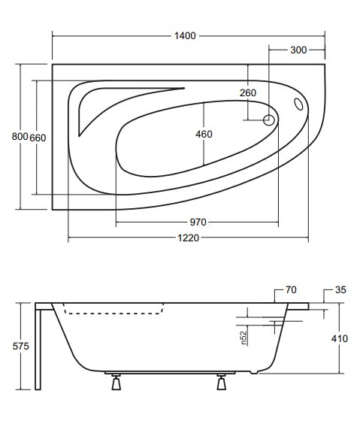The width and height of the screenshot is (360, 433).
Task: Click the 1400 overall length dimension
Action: (x=185, y=36)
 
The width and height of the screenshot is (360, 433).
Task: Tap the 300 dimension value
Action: (x=298, y=50)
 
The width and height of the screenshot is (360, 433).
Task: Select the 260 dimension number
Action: (x=248, y=92)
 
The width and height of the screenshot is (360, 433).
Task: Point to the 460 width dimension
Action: (x=204, y=135)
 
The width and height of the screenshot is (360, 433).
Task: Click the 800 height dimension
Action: (x=20, y=136)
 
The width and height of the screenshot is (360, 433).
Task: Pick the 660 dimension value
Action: (x=38, y=138)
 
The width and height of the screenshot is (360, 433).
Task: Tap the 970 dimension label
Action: (x=198, y=222)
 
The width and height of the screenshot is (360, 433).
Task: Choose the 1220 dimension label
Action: (x=188, y=238)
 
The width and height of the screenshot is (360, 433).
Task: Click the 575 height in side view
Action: (x=21, y=346)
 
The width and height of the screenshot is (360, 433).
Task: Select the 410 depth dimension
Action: (x=340, y=338)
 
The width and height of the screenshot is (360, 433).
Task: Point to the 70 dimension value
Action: (x=291, y=290)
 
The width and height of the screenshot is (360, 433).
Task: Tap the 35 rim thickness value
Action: (x=340, y=290)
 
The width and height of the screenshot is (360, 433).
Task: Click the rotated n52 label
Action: (x=244, y=338)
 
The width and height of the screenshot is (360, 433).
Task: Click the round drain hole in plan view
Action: (x=268, y=120)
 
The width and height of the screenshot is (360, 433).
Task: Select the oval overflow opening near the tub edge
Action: (x=298, y=104)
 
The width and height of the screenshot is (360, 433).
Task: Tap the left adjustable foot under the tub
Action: (x=116, y=382)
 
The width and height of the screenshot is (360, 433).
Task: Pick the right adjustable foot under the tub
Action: (x=222, y=382)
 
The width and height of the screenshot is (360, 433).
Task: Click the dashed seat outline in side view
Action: (x=113, y=313)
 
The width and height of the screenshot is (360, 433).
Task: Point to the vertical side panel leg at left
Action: (x=38, y=350)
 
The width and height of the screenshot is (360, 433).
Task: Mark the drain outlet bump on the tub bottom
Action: (x=254, y=372)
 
